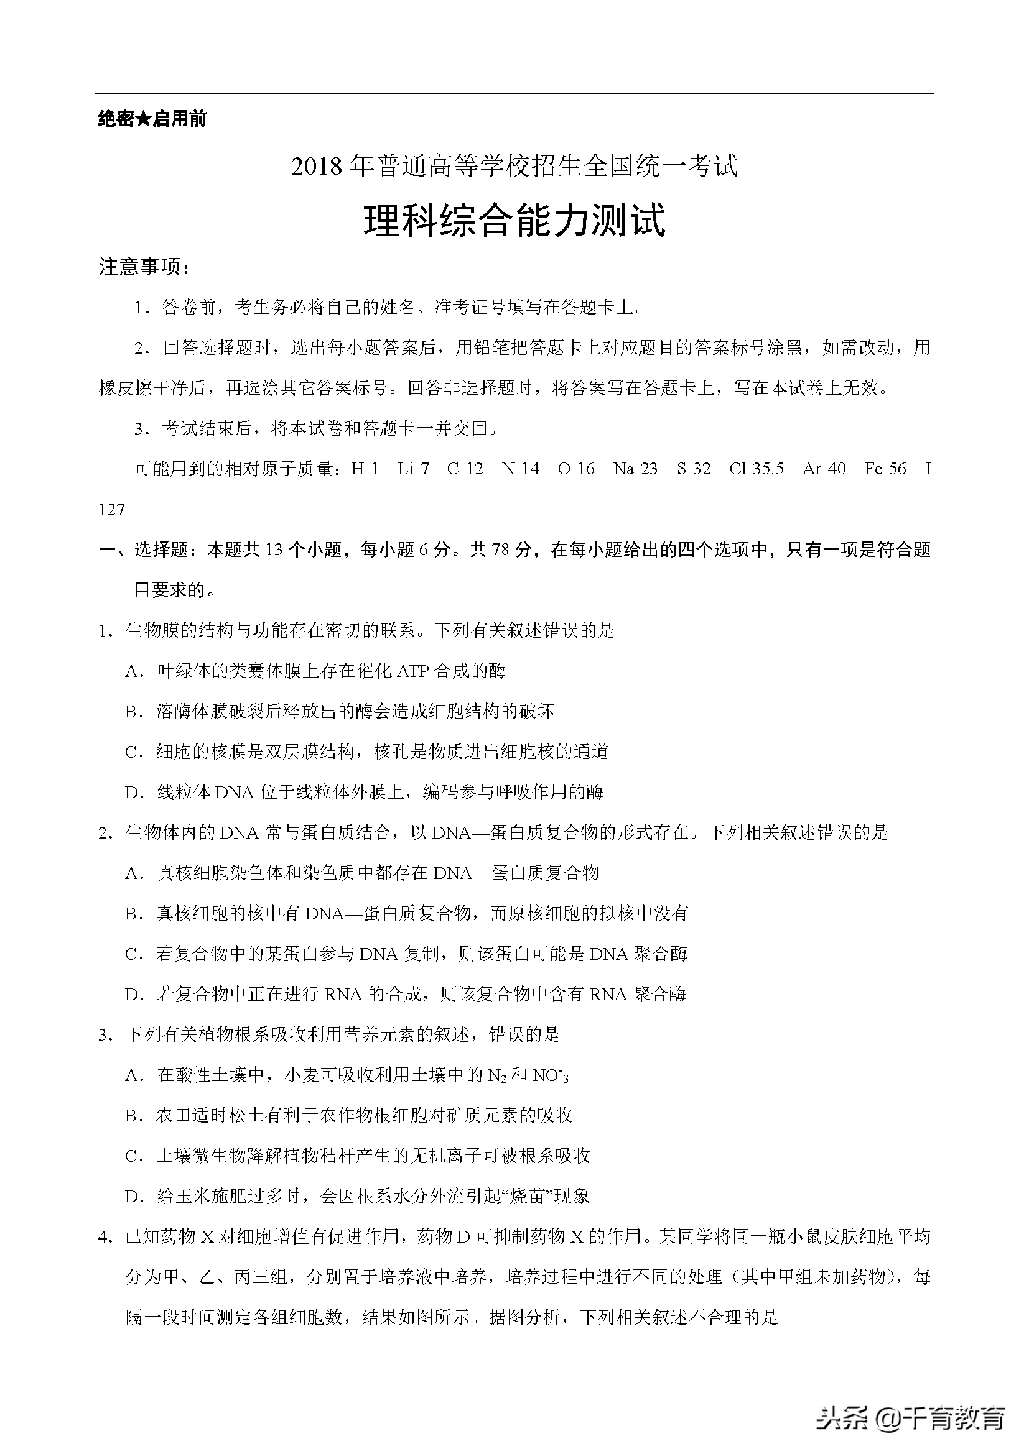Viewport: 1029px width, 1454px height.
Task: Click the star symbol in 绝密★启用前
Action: [144, 119]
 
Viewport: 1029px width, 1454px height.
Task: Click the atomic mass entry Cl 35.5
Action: [756, 469]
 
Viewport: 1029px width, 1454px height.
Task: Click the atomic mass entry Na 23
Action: [635, 469]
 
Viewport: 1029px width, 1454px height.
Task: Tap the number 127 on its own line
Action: [112, 509]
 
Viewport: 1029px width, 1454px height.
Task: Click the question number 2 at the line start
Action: [105, 833]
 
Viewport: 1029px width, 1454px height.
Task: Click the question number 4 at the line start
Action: [105, 1237]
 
